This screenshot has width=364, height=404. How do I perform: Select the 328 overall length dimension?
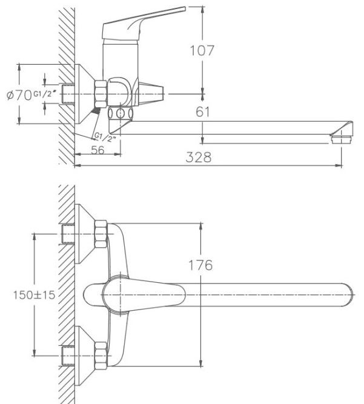click(199, 157)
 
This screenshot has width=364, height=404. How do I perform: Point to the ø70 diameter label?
click(19, 94)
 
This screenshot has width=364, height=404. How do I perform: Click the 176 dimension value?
click(200, 265)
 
